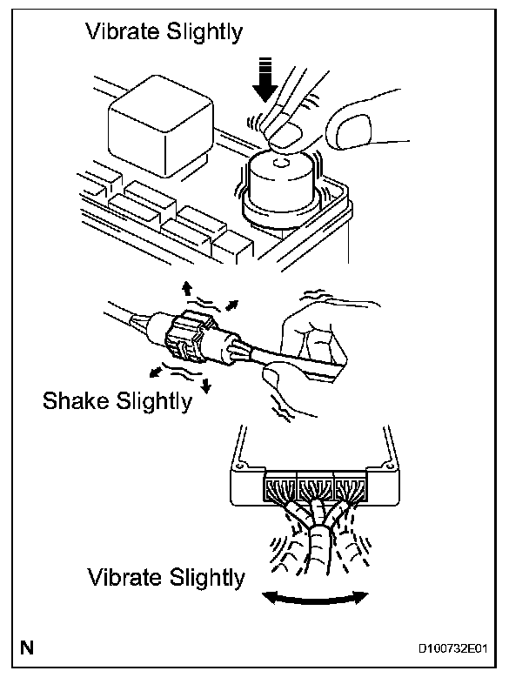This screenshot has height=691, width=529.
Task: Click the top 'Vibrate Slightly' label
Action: pyautogui.click(x=164, y=33)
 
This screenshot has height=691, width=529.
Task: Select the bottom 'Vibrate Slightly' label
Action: pyautogui.click(x=165, y=578)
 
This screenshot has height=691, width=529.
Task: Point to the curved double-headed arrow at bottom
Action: pyautogui.click(x=316, y=595)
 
